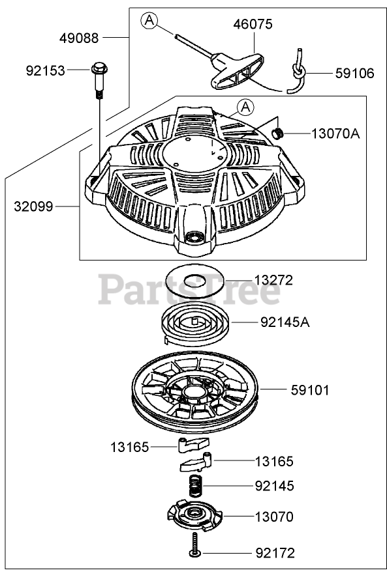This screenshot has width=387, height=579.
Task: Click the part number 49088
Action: [79, 38]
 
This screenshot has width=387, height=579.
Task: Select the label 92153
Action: [45, 70]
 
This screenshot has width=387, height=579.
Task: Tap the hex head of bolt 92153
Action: [99, 68]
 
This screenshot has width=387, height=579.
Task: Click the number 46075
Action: [253, 24]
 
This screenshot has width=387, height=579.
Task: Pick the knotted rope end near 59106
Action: [297, 71]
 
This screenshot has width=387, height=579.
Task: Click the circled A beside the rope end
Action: [149, 20]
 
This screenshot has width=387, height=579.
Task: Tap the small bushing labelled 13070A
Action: [277, 133]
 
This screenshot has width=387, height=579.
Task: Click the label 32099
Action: [33, 206]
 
